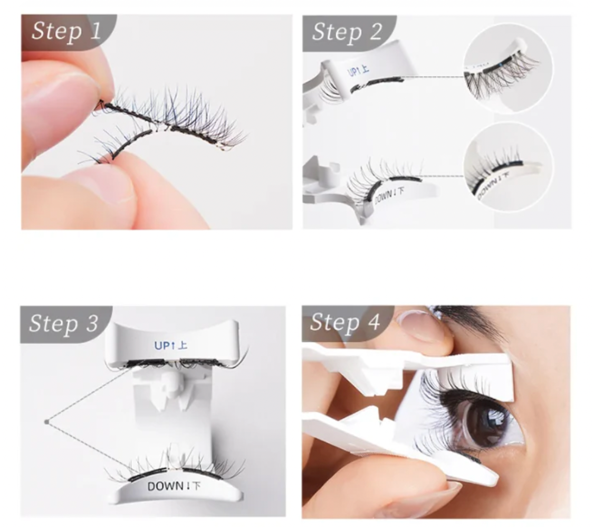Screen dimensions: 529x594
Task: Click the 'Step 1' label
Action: [x=65, y=31]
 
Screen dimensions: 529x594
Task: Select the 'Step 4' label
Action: [x=345, y=322]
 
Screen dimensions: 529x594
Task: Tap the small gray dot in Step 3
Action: [x=47, y=421]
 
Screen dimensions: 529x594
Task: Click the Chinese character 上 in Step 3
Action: [x=182, y=346]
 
